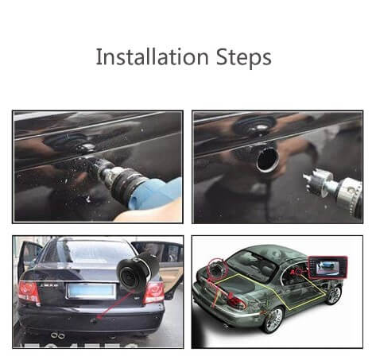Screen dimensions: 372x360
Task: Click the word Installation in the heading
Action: point(152,56)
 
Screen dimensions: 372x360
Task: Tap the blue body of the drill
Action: point(157,193)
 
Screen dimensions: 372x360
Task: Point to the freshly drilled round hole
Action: point(268,160)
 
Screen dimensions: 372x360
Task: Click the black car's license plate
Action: point(91,291)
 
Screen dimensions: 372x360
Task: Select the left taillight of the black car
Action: point(29,292)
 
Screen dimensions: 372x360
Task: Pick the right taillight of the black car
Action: point(154,292)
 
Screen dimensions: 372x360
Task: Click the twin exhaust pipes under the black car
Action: point(58,335)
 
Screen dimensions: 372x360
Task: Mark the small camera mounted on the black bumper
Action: point(94,320)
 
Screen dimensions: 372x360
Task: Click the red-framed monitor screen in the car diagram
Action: point(327,267)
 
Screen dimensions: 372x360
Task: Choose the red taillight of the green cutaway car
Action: point(237,301)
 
